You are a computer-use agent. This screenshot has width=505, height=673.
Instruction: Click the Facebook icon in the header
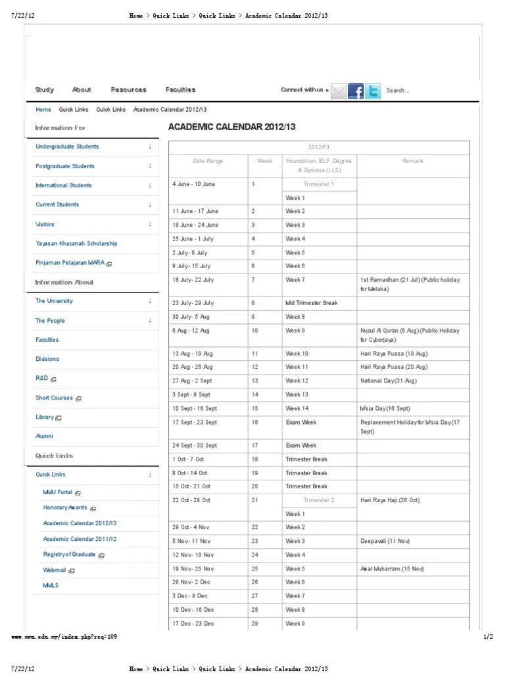356,91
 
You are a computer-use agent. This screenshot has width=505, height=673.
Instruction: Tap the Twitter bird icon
373,91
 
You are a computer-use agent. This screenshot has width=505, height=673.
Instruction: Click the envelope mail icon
338,91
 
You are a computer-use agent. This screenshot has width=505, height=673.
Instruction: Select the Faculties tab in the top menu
180,90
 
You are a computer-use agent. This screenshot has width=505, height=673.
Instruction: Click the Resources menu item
128,90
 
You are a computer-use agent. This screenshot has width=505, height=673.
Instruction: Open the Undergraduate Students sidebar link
67,147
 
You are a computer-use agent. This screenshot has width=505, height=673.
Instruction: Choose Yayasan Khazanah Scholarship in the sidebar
76,243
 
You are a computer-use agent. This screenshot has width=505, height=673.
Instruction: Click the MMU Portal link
58,492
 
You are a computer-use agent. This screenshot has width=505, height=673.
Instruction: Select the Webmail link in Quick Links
55,570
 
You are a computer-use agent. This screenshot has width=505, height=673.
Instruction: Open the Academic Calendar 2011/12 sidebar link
80,539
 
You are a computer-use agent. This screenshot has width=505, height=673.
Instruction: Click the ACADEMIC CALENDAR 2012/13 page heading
232,127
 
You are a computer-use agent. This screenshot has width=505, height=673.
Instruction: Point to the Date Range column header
208,161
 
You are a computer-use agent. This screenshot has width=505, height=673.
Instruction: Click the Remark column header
413,161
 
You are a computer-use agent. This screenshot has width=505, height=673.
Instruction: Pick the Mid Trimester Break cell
311,303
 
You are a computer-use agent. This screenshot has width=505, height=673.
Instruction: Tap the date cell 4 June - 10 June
193,184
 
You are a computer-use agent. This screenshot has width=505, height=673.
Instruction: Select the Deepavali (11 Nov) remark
385,541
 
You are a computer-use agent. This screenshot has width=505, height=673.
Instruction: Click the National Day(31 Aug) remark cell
388,381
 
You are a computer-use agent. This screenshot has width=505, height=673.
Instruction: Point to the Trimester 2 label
318,500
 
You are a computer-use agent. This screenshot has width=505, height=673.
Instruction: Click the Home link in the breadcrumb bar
43,110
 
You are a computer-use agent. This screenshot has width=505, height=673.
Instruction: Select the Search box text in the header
398,91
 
